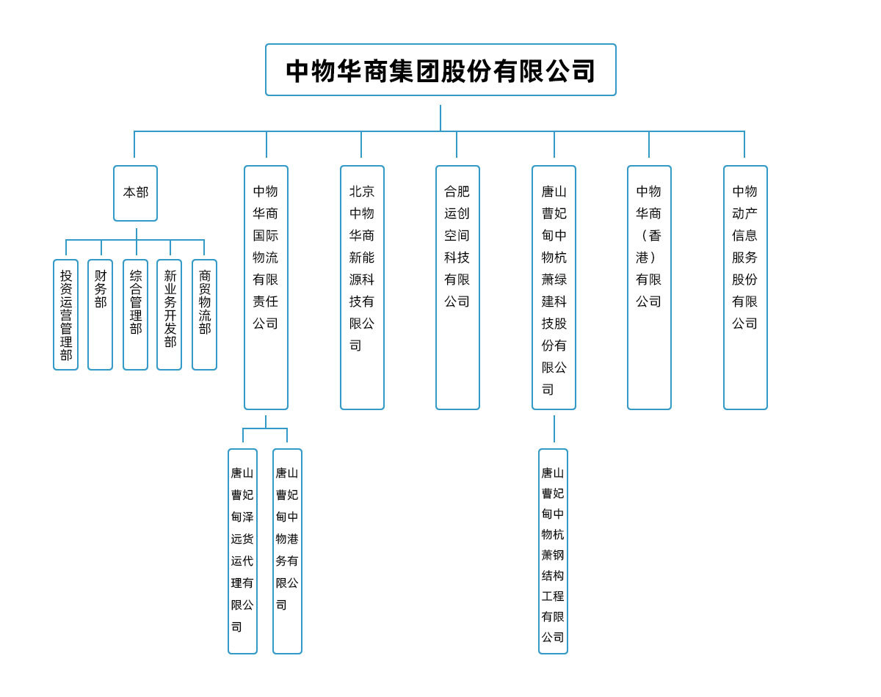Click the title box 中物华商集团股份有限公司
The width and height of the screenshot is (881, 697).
pos(440,70)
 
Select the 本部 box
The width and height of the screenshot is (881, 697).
pos(135,193)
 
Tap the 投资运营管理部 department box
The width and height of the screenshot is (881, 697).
pos(66,315)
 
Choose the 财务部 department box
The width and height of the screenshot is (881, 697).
pos(100,315)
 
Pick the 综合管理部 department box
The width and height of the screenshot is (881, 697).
pos(135,315)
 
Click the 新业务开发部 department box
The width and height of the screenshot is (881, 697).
pos(170,315)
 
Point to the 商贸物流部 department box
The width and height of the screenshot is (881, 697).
pos(204,315)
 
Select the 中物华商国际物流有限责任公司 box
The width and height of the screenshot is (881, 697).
pos(266,287)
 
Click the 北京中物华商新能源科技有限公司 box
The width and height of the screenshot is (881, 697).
pos(362,287)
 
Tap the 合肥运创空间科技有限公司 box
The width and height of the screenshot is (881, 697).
pos(457,287)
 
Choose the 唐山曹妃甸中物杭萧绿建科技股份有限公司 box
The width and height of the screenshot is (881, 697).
pos(554,287)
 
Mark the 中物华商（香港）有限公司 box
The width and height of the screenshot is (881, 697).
pos(649,287)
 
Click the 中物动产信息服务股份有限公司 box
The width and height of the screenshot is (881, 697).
pos(745,287)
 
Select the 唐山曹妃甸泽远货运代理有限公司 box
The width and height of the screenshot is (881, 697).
pos(242,551)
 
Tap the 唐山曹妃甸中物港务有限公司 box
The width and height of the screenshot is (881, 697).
pos(287,551)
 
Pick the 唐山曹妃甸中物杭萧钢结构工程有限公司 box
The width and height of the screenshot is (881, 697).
pos(553,551)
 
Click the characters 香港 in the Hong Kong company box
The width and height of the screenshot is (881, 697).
pos(649,247)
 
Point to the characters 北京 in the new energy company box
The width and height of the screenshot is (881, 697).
pos(362,191)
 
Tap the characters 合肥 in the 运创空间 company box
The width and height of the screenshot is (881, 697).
pos(457,191)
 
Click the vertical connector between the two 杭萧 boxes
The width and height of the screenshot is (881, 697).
pos(554,429)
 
